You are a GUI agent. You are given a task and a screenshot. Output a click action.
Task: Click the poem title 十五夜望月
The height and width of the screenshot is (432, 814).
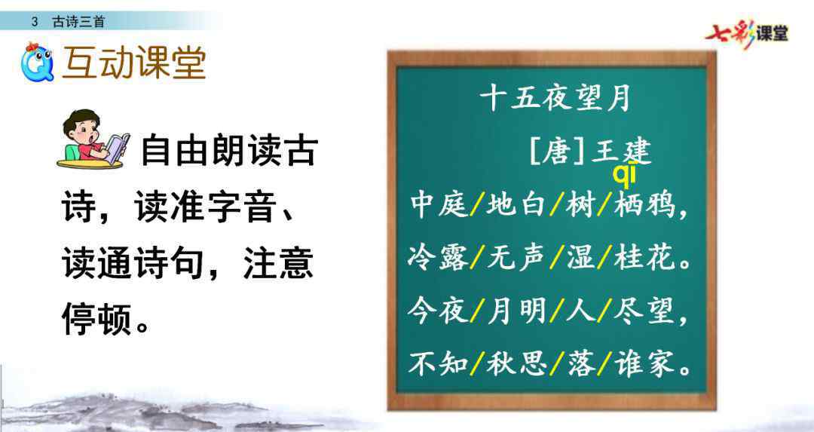point(555,97)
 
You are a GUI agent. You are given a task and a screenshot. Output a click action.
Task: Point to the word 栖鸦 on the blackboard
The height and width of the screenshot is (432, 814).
point(644,204)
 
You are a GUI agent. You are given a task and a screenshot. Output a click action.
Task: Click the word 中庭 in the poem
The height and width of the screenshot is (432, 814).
point(439,204)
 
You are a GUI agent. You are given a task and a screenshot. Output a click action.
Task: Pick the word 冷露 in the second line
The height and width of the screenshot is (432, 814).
point(438,258)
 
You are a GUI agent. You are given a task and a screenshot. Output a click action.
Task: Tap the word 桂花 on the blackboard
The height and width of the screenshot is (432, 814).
point(644,258)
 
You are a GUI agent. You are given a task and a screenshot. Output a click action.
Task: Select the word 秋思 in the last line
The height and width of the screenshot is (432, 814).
point(516,363)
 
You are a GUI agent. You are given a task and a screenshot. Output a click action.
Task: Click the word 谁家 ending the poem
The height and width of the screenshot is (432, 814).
point(645,363)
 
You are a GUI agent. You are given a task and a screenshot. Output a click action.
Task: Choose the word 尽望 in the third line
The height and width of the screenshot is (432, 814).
point(644,311)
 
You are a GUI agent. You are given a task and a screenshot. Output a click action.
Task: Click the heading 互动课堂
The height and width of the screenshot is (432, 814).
point(134,63)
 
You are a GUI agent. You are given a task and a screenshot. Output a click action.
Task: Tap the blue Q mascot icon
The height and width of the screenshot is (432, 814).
point(37,63)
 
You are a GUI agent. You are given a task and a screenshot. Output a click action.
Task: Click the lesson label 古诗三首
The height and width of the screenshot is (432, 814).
point(78,21)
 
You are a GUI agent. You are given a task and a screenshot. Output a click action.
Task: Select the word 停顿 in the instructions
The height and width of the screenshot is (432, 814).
point(96,317)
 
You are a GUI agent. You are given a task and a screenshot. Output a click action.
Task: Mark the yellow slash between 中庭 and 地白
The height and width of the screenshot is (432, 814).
point(477,204)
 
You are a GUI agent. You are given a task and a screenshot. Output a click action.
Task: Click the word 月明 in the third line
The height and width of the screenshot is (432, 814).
point(516,311)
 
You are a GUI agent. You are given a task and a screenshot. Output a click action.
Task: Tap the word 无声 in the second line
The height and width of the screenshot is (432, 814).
point(516,258)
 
